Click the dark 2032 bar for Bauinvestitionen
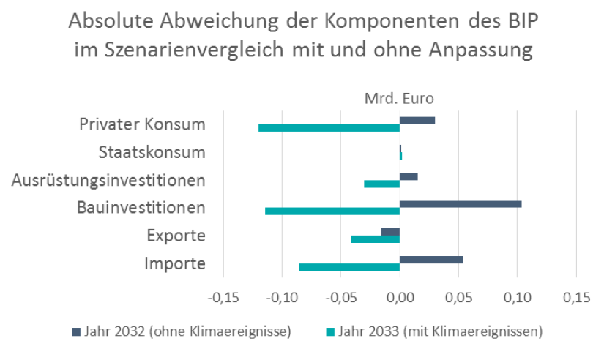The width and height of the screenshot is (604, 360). tap(461, 203)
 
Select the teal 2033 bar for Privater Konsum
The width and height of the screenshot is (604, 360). tap(329, 128)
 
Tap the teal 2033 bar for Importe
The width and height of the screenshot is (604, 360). tap(349, 267)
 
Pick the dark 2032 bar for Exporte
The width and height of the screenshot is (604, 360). tap(391, 232)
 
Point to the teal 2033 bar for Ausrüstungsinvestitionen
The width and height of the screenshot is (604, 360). tap(382, 184)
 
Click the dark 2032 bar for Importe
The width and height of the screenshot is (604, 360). tap(431, 260)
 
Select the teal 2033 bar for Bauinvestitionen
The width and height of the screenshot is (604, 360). tap(332, 211)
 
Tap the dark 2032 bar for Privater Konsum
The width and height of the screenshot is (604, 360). tap(417, 120)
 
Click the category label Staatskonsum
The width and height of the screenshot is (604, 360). tap(152, 152)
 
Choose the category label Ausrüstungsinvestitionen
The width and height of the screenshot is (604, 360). tap(108, 180)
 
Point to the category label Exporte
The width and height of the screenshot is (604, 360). tap(176, 236)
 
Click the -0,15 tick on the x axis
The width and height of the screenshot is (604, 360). tap(223, 299)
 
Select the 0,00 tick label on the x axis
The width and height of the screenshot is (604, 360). tap(400, 299)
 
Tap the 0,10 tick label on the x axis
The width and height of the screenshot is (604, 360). tap(518, 299)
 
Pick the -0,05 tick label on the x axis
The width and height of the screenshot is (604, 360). tap(340, 299)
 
